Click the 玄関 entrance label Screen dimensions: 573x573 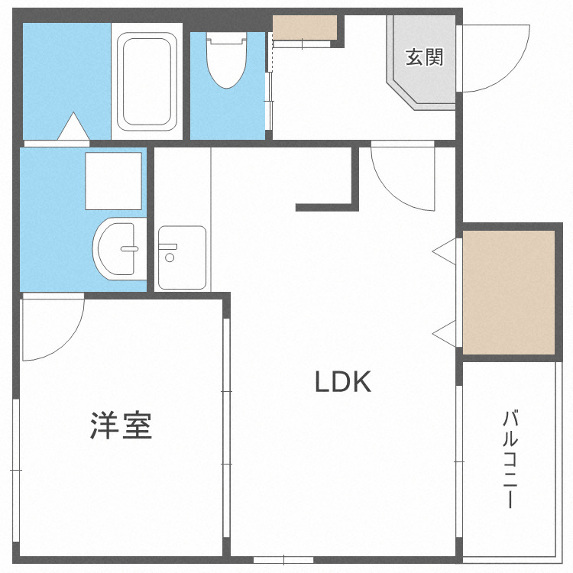pos(424,57)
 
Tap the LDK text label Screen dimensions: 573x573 pos(343,381)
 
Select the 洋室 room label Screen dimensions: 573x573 pos(121,426)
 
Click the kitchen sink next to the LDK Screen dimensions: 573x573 pos(182,257)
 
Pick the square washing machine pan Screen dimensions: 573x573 pos(114,181)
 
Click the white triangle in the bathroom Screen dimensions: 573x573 pos(74,128)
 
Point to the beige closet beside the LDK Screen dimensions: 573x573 pos(509,292)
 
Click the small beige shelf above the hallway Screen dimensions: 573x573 pos(305,28)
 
